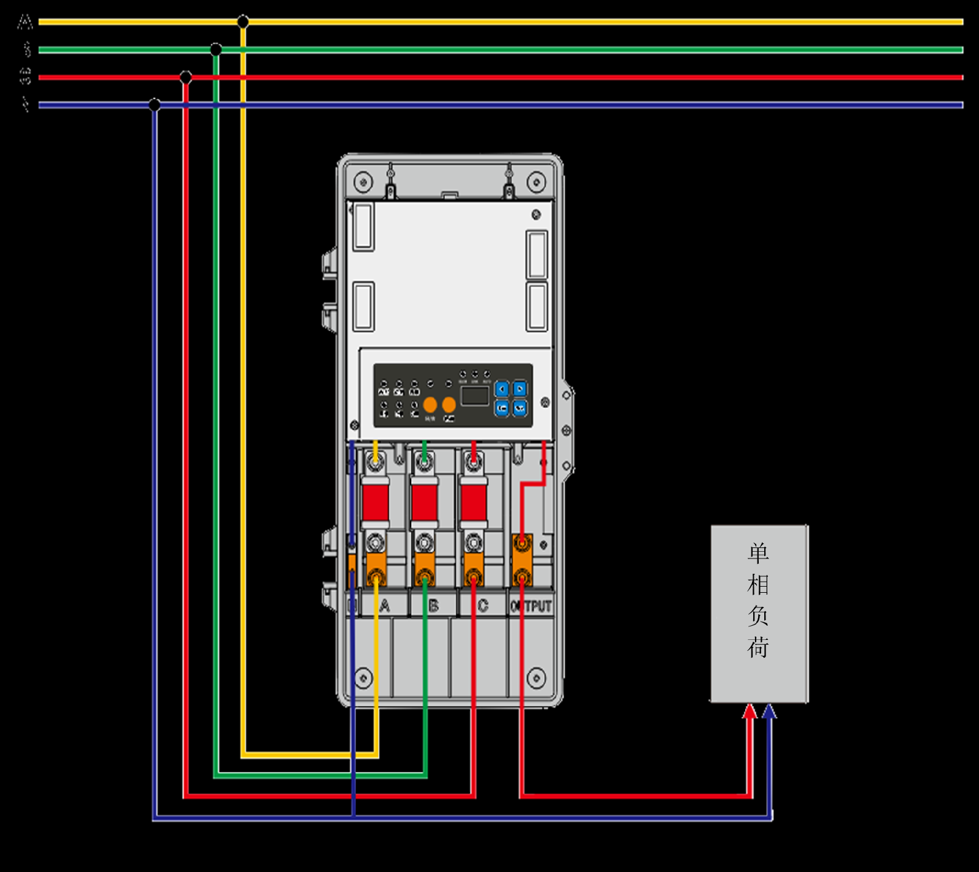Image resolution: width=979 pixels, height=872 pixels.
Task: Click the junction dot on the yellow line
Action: [x=243, y=22]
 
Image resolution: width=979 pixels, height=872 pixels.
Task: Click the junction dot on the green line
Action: [x=216, y=49]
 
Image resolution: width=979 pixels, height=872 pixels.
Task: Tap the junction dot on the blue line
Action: [x=155, y=105]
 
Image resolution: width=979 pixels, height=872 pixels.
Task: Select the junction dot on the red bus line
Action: [x=186, y=77]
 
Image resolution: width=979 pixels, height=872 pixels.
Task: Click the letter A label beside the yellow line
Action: [x=25, y=23]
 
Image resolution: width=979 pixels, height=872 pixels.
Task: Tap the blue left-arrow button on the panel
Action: [x=502, y=389]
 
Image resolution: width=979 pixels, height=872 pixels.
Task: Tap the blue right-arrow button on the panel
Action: [x=519, y=389]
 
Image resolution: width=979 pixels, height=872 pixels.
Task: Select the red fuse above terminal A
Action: [x=375, y=503]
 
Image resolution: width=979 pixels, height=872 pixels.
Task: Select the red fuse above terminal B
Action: [x=424, y=503]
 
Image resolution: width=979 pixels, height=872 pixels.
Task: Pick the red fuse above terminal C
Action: [x=474, y=503]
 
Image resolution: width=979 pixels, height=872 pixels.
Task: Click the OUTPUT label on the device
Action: [x=531, y=606]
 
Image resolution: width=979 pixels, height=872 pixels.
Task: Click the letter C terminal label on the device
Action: [x=483, y=606]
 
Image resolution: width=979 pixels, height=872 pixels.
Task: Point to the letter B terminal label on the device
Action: [x=433, y=606]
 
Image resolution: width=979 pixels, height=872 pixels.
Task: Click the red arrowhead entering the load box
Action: [x=750, y=711]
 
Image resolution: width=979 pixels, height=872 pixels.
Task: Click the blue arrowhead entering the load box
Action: [x=769, y=711]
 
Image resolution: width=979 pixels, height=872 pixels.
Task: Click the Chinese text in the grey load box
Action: [x=758, y=600]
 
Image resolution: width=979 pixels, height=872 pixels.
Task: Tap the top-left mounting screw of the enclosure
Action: [x=363, y=182]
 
